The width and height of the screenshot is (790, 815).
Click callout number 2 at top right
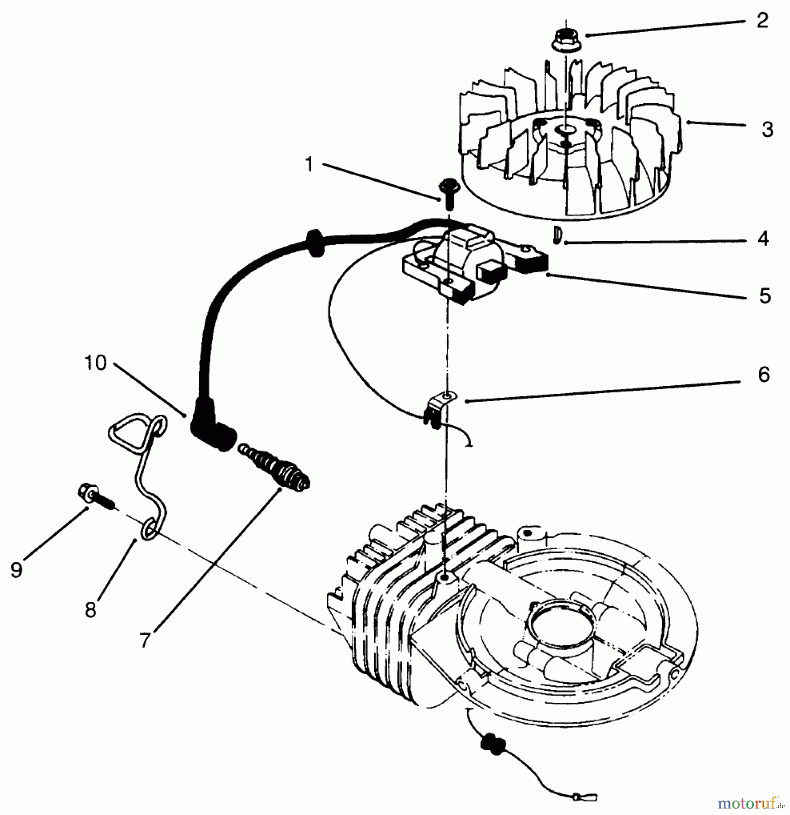762,20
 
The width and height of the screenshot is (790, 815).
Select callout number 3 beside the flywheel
767,129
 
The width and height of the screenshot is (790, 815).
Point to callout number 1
309,164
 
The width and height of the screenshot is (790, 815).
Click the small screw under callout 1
448,192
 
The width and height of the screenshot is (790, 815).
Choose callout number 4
763,239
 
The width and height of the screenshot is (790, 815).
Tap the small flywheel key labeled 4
557,235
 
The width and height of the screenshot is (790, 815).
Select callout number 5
765,296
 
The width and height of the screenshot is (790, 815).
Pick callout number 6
764,375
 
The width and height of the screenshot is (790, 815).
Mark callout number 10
95,363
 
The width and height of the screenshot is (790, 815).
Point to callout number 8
90,610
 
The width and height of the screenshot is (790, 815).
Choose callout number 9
16,570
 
